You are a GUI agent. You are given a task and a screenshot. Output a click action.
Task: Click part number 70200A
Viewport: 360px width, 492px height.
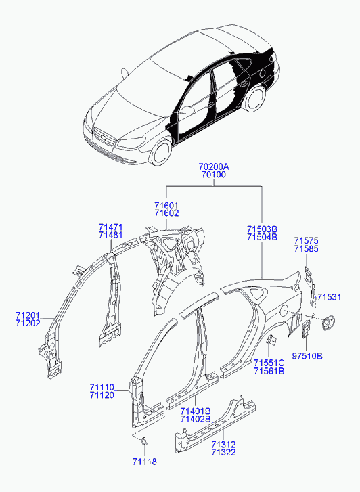214,166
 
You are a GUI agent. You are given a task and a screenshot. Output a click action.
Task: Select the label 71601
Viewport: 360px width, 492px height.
166,206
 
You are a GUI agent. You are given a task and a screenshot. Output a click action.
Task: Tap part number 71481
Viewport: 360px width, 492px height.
110,235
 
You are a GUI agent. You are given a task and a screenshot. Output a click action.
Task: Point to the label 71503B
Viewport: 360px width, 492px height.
262,229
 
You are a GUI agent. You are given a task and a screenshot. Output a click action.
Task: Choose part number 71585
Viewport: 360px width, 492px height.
306,249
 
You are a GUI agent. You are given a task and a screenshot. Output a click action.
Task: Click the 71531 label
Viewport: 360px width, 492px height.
329,297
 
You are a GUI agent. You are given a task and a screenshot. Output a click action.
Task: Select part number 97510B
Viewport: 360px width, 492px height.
307,356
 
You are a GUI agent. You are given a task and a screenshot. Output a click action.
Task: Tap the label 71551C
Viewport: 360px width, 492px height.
269,363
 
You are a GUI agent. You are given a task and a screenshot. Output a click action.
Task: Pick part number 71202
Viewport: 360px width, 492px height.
28,323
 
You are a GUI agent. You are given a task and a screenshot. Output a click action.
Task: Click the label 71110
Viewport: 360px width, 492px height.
102,387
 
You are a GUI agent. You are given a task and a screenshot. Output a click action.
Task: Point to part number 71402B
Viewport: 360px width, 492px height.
195,419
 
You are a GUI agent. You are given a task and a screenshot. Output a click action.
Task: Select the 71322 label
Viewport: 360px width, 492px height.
223,452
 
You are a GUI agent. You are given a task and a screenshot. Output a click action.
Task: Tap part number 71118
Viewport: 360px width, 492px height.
144,462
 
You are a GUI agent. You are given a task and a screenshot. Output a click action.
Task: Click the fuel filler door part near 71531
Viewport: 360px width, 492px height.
328,322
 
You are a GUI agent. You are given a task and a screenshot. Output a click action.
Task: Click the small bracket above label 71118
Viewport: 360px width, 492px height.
143,441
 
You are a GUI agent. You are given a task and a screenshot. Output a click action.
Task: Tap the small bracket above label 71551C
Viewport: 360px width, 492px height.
271,340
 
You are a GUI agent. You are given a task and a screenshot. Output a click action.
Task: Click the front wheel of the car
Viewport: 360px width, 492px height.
162,153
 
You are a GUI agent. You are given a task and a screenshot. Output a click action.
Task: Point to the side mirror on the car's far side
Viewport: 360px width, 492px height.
125,73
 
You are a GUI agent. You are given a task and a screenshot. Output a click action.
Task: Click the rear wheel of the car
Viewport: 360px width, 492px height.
255,98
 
